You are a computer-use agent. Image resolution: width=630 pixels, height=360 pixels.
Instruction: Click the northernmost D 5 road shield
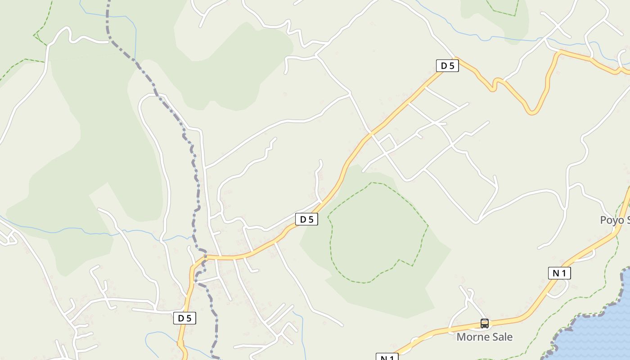coord(447,66)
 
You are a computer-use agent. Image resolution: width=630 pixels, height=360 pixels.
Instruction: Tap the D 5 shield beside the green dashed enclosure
coord(306,219)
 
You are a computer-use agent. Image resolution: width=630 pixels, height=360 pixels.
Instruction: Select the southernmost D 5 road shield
coord(184,318)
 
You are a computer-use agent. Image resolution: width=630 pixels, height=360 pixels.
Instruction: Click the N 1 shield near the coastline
coord(559,273)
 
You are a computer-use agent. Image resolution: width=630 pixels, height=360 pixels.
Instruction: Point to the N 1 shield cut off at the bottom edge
coord(387,357)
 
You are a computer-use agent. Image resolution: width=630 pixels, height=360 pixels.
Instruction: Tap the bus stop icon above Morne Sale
coord(484,323)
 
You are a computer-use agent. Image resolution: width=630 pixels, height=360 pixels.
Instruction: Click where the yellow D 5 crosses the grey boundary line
coord(205,257)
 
